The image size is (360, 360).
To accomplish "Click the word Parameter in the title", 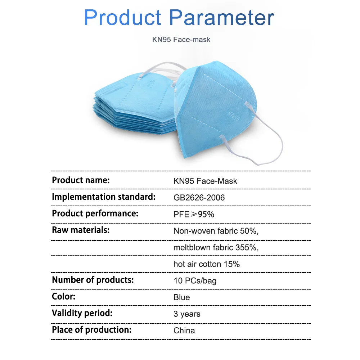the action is [221, 17].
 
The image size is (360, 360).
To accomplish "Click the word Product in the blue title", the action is [123, 17].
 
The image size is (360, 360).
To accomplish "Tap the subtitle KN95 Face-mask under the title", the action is [181, 40].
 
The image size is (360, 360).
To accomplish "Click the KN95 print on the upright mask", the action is [234, 116].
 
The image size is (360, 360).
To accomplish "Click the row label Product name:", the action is [81, 180].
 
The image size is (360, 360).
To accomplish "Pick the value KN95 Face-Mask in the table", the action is [205, 181].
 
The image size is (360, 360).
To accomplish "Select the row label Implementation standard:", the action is [104, 197].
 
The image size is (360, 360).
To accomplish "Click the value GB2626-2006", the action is [199, 198].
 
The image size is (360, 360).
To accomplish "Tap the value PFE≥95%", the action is [194, 214].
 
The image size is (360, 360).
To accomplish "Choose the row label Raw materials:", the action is [81, 230].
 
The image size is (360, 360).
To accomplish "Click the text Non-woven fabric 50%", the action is [216, 231].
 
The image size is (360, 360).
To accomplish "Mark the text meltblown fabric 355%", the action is [216, 248].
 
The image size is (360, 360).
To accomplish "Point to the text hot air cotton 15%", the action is [207, 264].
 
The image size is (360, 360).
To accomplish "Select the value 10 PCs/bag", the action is [195, 281].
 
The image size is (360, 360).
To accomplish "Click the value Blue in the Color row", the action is [181, 297].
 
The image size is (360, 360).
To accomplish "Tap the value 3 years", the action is [187, 314].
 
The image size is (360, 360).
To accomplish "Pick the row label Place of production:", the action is [91, 330].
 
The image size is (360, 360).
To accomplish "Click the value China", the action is [184, 330].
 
